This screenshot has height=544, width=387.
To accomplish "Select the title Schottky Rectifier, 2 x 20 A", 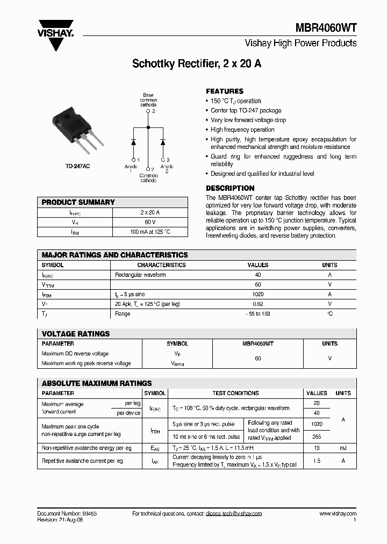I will click(197, 63).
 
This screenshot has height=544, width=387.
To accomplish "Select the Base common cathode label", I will click(148, 99).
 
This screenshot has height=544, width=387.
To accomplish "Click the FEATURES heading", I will click(225, 91).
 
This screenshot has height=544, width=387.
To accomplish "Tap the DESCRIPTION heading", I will click(230, 188).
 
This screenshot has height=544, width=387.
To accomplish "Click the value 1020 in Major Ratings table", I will click(257, 294).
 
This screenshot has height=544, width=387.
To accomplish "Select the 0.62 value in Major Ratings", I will click(257, 304).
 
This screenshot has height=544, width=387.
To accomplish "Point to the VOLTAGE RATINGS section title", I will click(76, 334).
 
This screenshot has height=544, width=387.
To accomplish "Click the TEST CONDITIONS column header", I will click(235, 393).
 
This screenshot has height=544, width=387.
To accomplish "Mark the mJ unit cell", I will click(343, 448).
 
